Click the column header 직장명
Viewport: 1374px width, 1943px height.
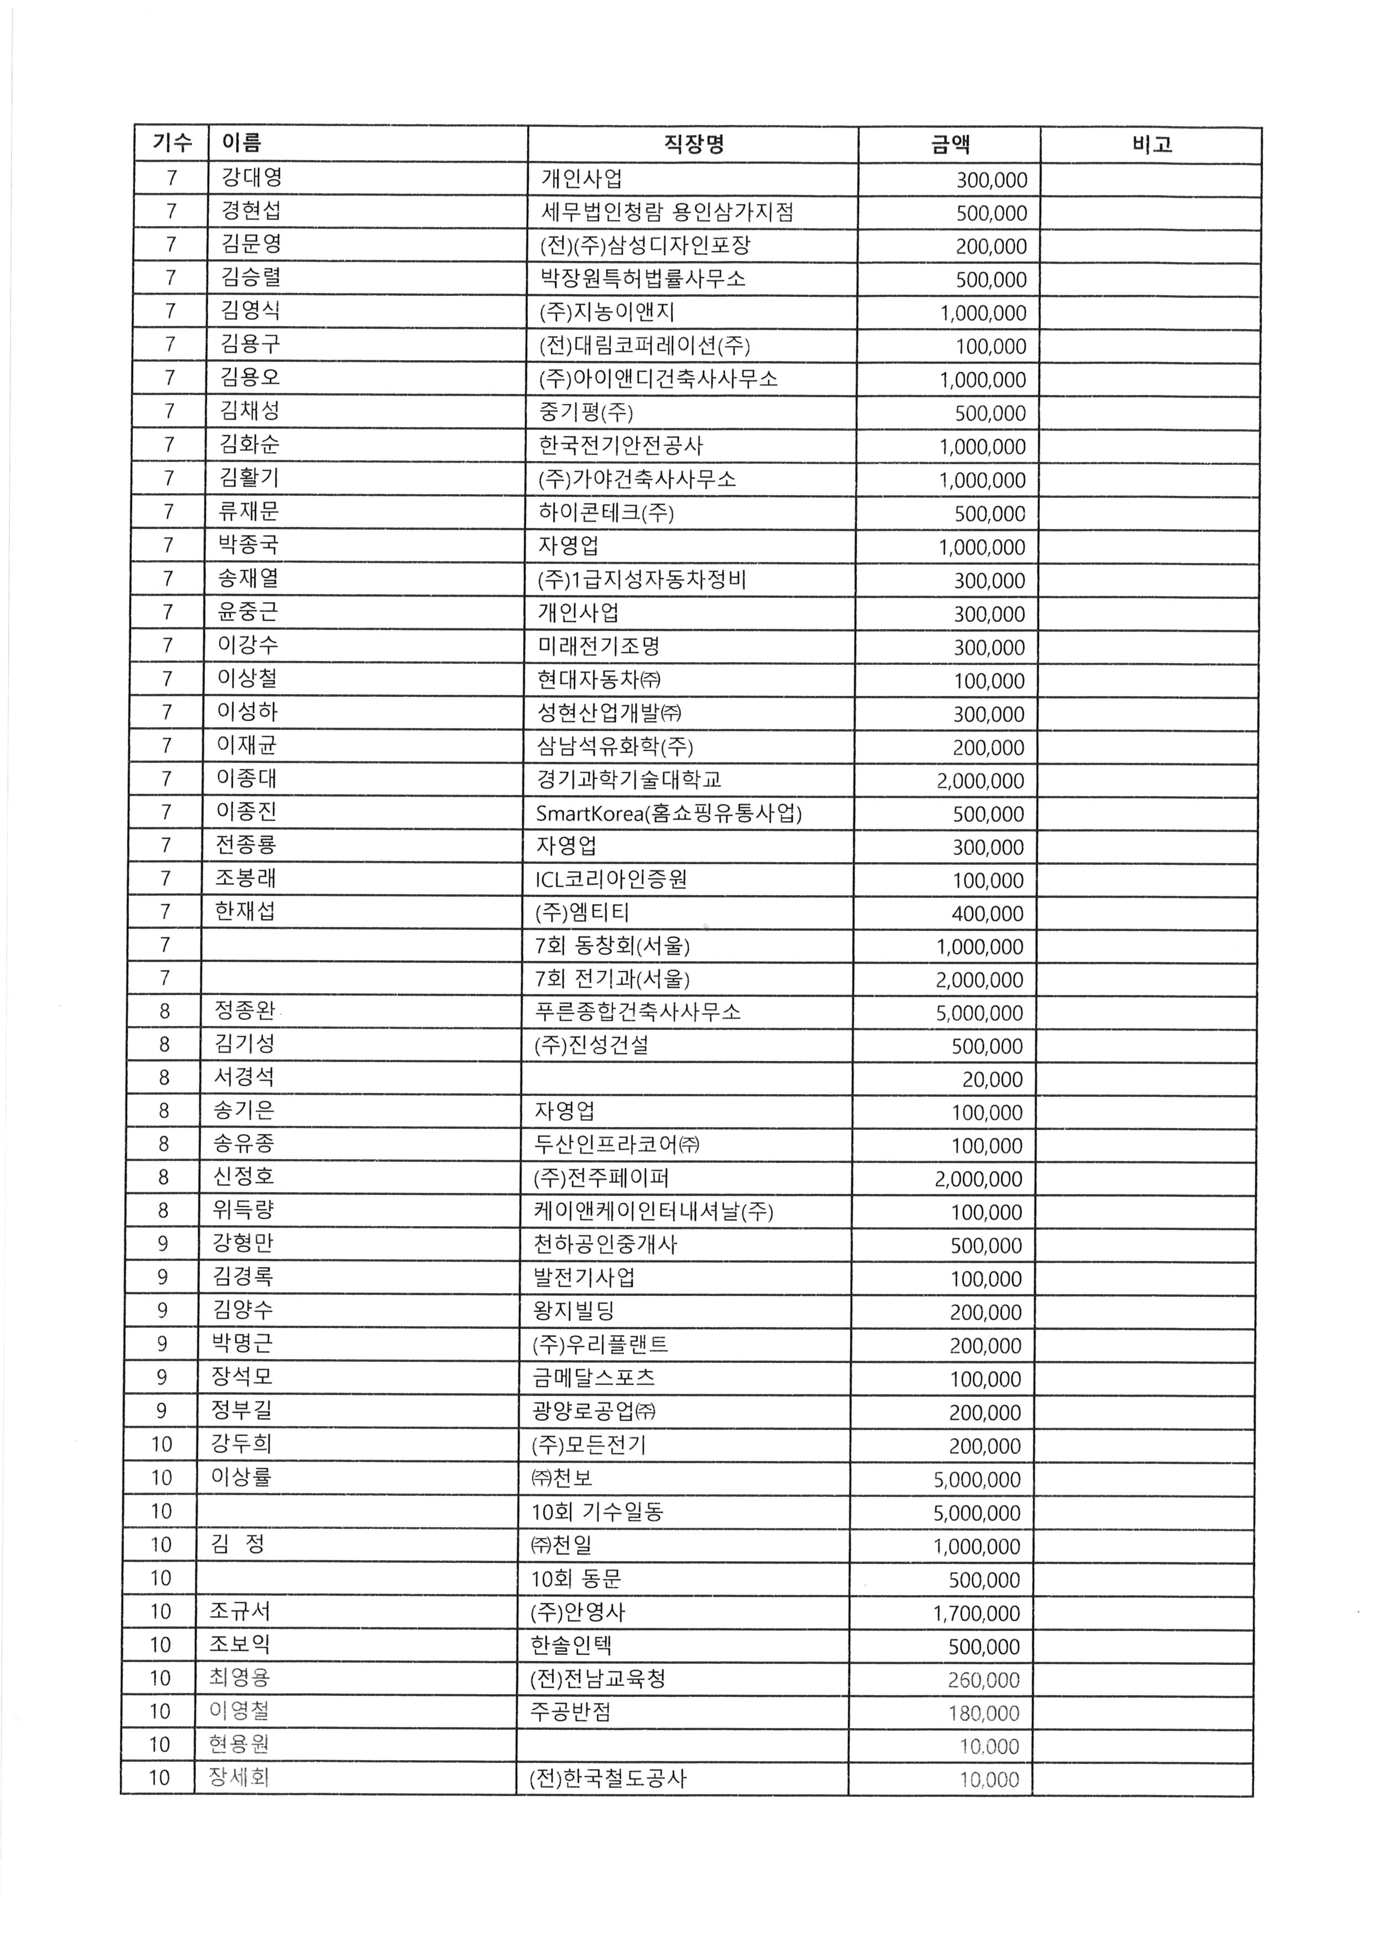pyautogui.click(x=693, y=145)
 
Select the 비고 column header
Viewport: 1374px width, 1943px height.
pyautogui.click(x=1151, y=145)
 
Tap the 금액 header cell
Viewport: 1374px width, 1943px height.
pyautogui.click(x=950, y=145)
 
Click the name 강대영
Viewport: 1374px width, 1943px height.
pyautogui.click(x=252, y=178)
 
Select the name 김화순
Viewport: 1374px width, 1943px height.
pyautogui.click(x=249, y=444)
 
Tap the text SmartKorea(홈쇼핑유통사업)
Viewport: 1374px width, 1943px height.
pyautogui.click(x=668, y=812)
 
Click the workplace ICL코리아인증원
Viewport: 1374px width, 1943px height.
pyautogui.click(x=611, y=879)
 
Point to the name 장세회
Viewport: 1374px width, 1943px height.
pyautogui.click(x=239, y=1777)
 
